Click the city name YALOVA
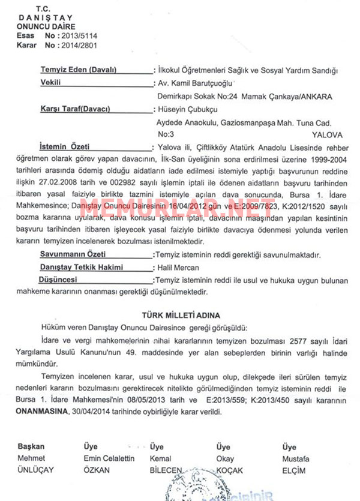[327, 136]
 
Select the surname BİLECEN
[166, 470]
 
